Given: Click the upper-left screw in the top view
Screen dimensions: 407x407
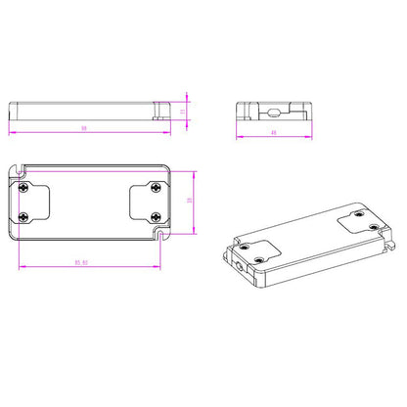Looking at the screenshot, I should click(x=23, y=184).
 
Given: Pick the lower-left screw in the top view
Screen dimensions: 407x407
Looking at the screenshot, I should click(x=23, y=216).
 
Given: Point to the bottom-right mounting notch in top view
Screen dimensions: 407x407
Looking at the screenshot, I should click(x=160, y=235).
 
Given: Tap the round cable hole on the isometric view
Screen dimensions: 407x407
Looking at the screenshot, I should click(x=237, y=263).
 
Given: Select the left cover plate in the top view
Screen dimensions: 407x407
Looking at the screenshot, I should click(x=35, y=201).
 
